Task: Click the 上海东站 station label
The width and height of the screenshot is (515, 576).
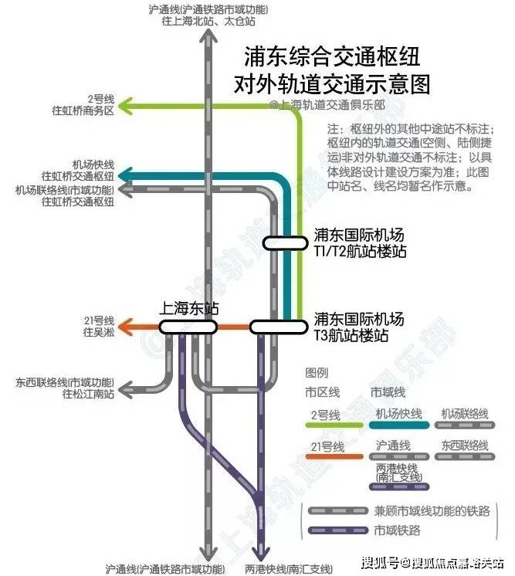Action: tap(188, 308)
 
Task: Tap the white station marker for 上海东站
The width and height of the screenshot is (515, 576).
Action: tap(188, 327)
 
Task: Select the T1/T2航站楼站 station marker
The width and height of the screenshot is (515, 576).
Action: tap(285, 243)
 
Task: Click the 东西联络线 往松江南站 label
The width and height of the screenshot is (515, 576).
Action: tap(65, 388)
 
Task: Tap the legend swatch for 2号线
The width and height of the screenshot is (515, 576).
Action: tap(334, 425)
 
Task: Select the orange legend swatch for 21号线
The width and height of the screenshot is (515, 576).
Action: tap(334, 456)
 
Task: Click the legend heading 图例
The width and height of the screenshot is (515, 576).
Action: tap(317, 372)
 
